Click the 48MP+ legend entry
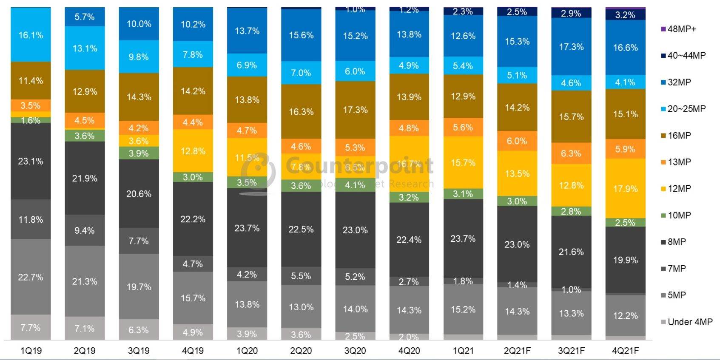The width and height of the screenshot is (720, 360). click(x=681, y=29)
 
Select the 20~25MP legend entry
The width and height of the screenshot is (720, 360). click(x=686, y=109)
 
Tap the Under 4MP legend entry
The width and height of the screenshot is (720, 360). click(x=689, y=322)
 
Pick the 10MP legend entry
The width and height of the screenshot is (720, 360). click(x=679, y=215)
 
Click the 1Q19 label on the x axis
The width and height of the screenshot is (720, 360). click(x=31, y=351)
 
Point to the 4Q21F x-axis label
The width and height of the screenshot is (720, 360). click(x=625, y=351)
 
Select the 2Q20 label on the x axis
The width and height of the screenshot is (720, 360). click(x=301, y=351)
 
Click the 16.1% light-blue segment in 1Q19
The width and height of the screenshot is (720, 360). click(x=31, y=35)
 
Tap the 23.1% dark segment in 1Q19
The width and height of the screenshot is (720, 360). click(x=31, y=161)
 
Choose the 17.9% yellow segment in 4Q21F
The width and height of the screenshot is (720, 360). click(x=625, y=188)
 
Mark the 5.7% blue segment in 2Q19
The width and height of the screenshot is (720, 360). click(x=85, y=17)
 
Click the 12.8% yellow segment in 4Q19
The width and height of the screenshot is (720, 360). click(x=193, y=151)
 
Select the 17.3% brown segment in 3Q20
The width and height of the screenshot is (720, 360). click(x=355, y=110)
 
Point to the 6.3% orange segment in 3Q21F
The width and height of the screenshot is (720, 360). click(x=571, y=153)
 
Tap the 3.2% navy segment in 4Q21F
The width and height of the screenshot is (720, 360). click(x=625, y=15)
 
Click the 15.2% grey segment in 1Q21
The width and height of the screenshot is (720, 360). click(x=463, y=309)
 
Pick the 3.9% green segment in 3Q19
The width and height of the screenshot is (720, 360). click(x=139, y=153)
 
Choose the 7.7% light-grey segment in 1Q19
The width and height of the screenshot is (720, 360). click(x=31, y=328)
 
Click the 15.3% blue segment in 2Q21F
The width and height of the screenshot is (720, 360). click(x=517, y=41)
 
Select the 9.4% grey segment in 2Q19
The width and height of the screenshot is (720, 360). click(x=85, y=230)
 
